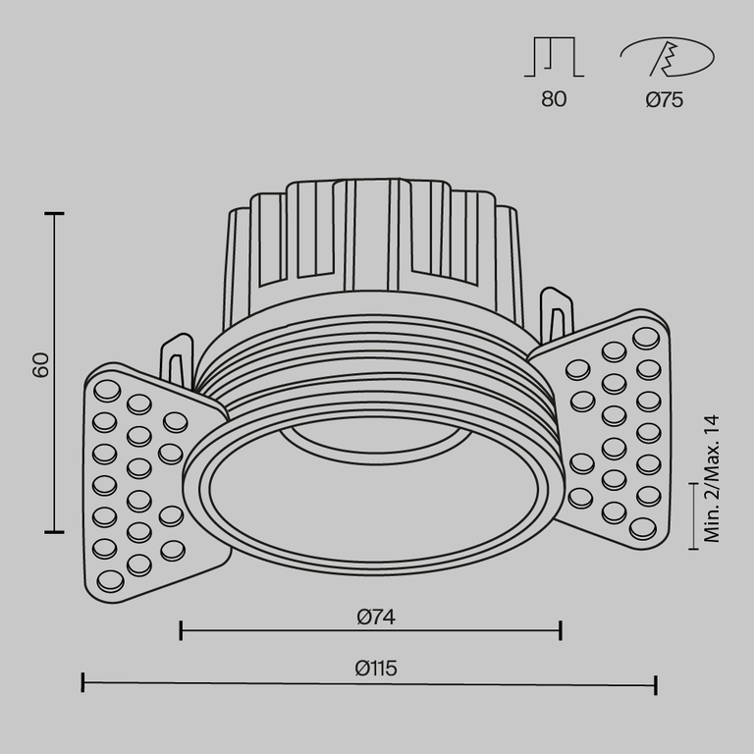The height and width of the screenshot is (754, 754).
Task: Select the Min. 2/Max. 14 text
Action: tap(713, 478)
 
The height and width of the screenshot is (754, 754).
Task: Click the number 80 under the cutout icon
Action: tap(554, 99)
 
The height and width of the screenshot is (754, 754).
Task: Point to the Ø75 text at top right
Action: tap(665, 99)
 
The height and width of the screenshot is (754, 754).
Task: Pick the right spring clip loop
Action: tap(557, 314)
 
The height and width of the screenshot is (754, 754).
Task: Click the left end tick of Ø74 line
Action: tap(182, 630)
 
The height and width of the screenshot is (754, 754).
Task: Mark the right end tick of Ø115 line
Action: tap(655, 683)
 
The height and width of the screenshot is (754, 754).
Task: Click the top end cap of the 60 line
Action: tap(54, 213)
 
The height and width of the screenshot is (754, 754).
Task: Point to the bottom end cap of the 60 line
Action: tap(54, 531)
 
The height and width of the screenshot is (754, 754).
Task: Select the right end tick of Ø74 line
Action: tap(560, 630)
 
